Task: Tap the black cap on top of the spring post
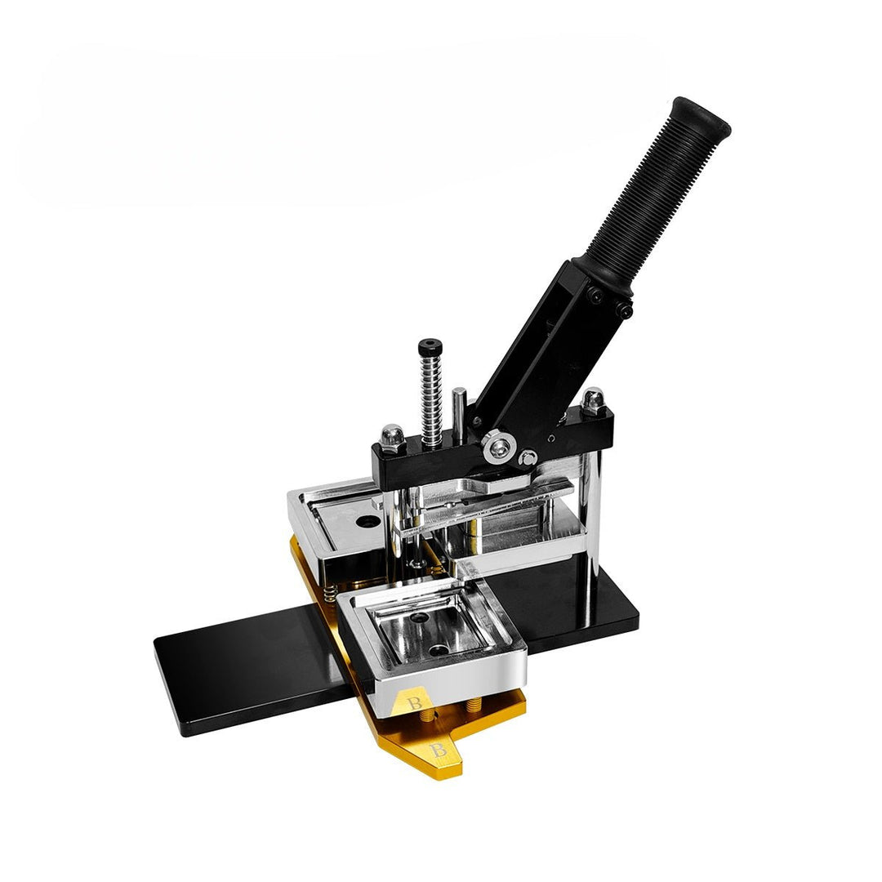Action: point(430,345)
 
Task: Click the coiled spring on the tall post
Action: point(431,396)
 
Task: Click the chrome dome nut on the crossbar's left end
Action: point(393,436)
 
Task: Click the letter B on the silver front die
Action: point(415,703)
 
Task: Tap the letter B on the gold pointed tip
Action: point(439,750)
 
